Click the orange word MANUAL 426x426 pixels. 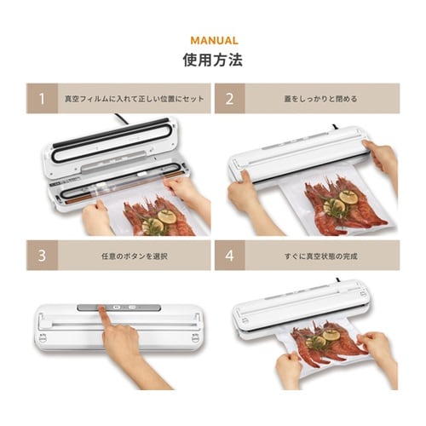(x=214, y=41)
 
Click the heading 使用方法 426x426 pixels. (x=213, y=60)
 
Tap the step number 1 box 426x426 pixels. (x=42, y=98)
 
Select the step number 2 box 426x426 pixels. (x=230, y=98)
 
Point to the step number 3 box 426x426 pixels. (x=42, y=255)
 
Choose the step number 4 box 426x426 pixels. (x=230, y=255)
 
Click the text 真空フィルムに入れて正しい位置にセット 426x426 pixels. (x=135, y=99)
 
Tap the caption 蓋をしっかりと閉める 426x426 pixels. (x=320, y=99)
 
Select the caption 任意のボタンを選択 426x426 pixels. (x=135, y=256)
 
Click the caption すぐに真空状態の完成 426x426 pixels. (x=321, y=256)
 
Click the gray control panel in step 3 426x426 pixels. (x=119, y=308)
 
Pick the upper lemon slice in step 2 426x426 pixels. (x=348, y=197)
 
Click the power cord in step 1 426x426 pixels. (x=121, y=118)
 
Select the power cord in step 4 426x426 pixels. (x=339, y=280)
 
